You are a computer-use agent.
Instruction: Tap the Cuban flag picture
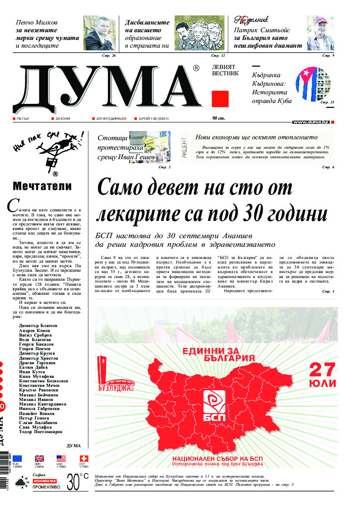point(313,83)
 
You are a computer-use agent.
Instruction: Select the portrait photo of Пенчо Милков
point(99,33)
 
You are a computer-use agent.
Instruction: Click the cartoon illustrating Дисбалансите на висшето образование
point(199,33)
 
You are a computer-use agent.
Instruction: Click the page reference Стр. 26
point(109,55)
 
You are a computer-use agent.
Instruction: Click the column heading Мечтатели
point(42,186)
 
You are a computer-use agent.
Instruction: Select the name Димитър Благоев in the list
point(38,326)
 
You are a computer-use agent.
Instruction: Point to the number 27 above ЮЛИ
point(322,370)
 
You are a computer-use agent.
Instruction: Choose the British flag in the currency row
point(39,458)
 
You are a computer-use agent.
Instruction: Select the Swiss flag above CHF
point(83,458)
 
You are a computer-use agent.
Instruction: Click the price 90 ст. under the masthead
point(219,119)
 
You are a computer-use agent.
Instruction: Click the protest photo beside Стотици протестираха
point(149,146)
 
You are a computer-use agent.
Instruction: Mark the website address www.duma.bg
point(311,122)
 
